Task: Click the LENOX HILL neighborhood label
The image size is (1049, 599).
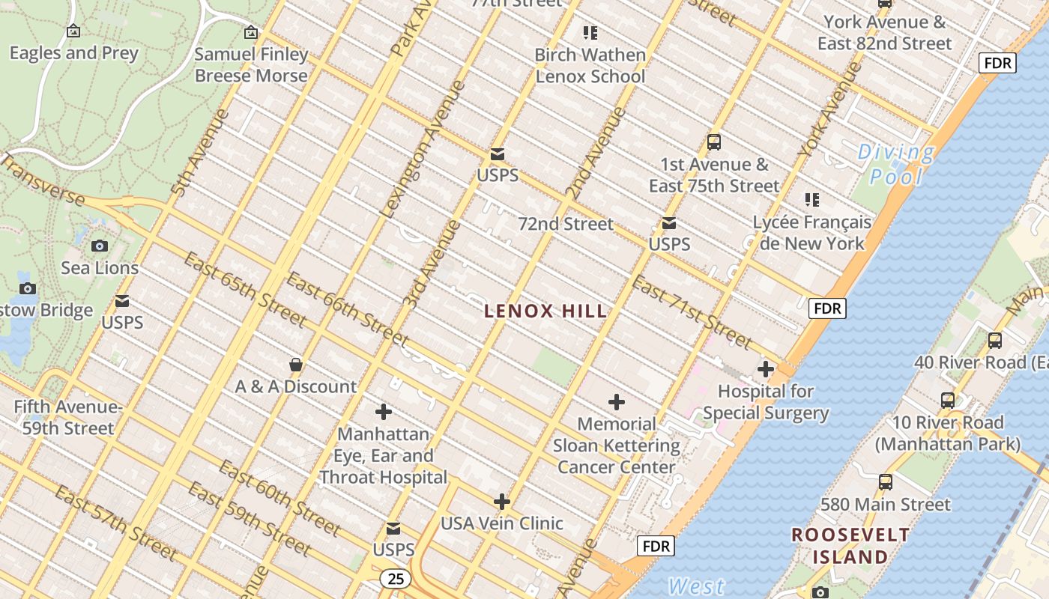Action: pyautogui.click(x=545, y=311)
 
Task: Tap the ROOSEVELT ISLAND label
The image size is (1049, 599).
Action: pyautogui.click(x=850, y=546)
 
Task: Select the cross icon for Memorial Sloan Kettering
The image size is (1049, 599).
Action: pyautogui.click(x=617, y=403)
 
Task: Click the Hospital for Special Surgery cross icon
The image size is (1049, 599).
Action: pyautogui.click(x=766, y=369)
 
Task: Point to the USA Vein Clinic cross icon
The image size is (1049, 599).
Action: pyautogui.click(x=502, y=502)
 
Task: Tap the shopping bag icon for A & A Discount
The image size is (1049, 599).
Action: pyautogui.click(x=296, y=365)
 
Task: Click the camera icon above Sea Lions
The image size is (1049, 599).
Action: pyautogui.click(x=99, y=246)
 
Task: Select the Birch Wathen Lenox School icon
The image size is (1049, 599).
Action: pyautogui.click(x=590, y=33)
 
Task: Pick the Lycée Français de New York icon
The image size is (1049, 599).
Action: pyautogui.click(x=812, y=200)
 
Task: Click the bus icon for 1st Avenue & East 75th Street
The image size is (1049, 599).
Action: pyautogui.click(x=714, y=142)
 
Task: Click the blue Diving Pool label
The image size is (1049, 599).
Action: pyautogui.click(x=896, y=164)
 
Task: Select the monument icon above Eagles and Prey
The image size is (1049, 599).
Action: pyautogui.click(x=73, y=31)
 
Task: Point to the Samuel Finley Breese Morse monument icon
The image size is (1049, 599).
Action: pyautogui.click(x=251, y=32)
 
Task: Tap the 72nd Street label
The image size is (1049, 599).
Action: pyautogui.click(x=566, y=224)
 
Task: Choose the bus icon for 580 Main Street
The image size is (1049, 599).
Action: pyautogui.click(x=886, y=482)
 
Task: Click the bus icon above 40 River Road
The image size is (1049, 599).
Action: pyautogui.click(x=995, y=341)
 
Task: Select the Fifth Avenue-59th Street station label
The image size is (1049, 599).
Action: pyautogui.click(x=67, y=418)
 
